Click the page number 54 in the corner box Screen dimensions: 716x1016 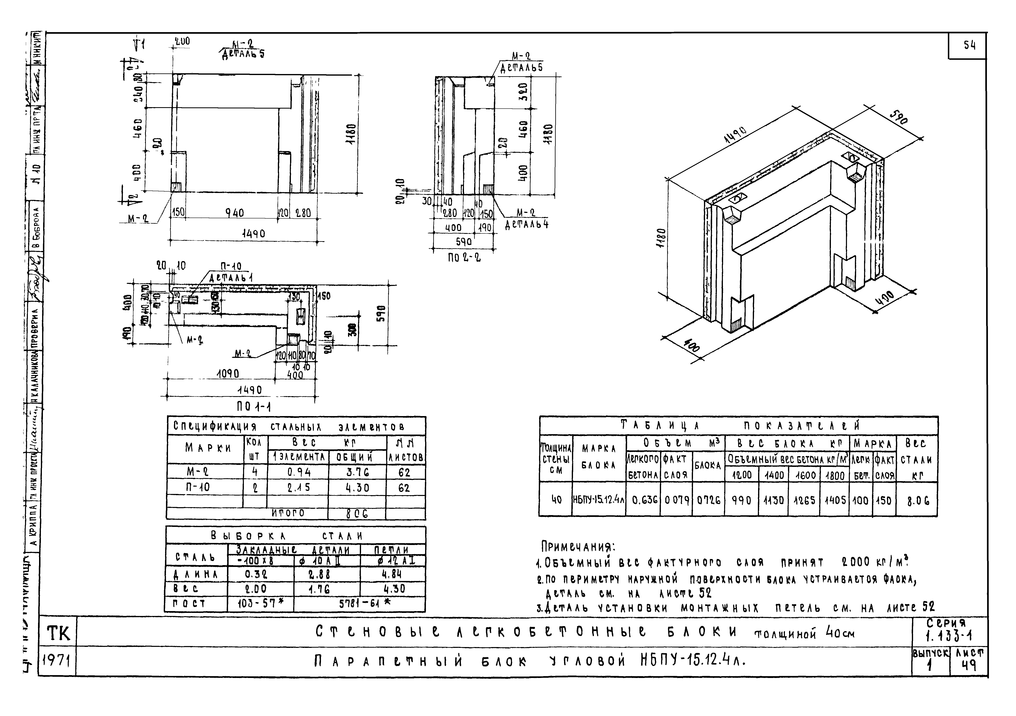coord(969,46)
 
